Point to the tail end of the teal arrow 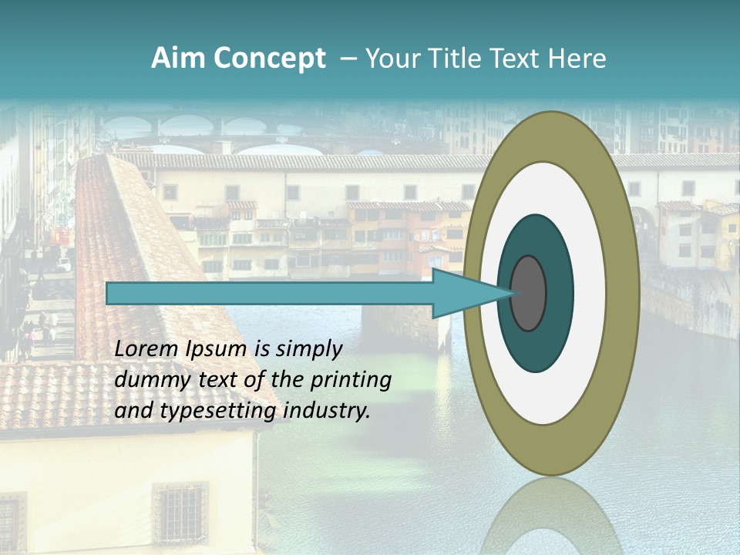pos(112,294)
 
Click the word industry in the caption pos(327,411)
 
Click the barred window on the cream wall pos(180,510)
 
